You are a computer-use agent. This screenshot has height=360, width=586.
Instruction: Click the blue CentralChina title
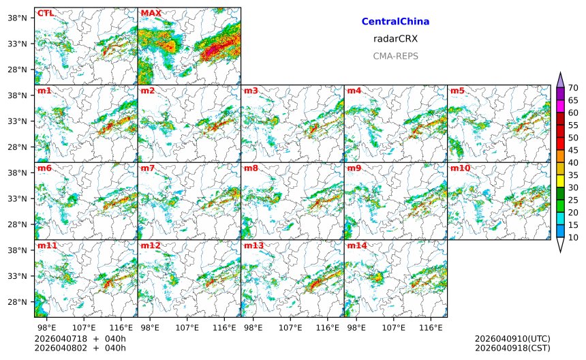tap(395, 22)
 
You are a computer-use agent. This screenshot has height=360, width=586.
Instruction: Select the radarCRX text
tap(395, 39)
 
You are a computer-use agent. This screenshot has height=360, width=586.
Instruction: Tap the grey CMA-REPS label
tap(395, 56)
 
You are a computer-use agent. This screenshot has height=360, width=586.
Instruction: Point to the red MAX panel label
tap(151, 13)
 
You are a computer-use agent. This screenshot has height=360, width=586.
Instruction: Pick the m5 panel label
tap(457, 91)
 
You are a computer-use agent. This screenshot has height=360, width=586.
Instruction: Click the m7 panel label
tap(148, 168)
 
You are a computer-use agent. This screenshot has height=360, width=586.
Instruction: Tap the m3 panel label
tap(251, 91)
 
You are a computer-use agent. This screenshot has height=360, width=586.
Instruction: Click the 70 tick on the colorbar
tap(573, 87)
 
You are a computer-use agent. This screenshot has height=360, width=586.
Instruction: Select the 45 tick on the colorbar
tap(573, 150)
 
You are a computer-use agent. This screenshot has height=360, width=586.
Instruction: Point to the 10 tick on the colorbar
tap(573, 237)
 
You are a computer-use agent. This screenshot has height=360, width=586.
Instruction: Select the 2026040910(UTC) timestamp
tap(512, 339)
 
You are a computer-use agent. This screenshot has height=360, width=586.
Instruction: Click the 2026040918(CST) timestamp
tap(512, 348)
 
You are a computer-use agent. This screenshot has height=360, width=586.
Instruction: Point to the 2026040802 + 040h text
tap(80, 348)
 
